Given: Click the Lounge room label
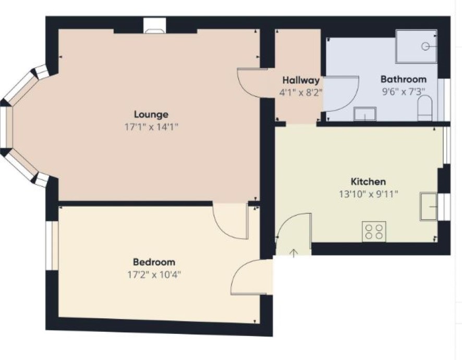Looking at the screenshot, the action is [x=151, y=114].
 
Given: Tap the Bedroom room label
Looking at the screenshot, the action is [x=154, y=262].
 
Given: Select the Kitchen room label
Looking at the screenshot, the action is [x=368, y=182].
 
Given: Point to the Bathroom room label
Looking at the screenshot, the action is [x=404, y=79].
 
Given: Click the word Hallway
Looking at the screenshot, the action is [x=301, y=80].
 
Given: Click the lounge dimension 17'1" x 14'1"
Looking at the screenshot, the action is [x=151, y=127].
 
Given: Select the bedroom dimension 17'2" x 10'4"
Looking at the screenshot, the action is [x=154, y=275].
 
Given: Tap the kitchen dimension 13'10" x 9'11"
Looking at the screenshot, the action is [x=368, y=194].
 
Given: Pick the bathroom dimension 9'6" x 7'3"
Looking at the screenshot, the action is [x=404, y=92].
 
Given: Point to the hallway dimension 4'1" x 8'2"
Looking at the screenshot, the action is [x=301, y=93].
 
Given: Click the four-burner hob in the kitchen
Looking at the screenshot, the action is [x=374, y=232].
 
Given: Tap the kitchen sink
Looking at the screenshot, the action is [x=429, y=207].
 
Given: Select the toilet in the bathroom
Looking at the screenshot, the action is [x=425, y=108].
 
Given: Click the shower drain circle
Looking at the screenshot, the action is [x=425, y=46].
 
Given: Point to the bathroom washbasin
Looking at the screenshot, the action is [x=365, y=114].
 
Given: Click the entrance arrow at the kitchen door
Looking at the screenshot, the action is [x=294, y=253].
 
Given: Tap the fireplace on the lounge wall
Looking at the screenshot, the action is [x=155, y=26].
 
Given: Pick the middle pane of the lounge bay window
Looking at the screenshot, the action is [x=6, y=127].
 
